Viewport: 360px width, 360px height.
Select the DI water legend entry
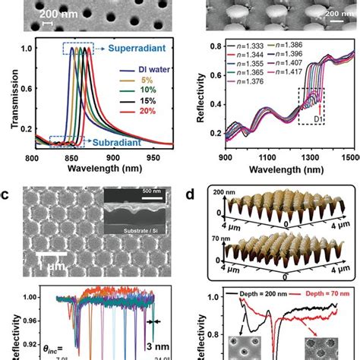143,73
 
